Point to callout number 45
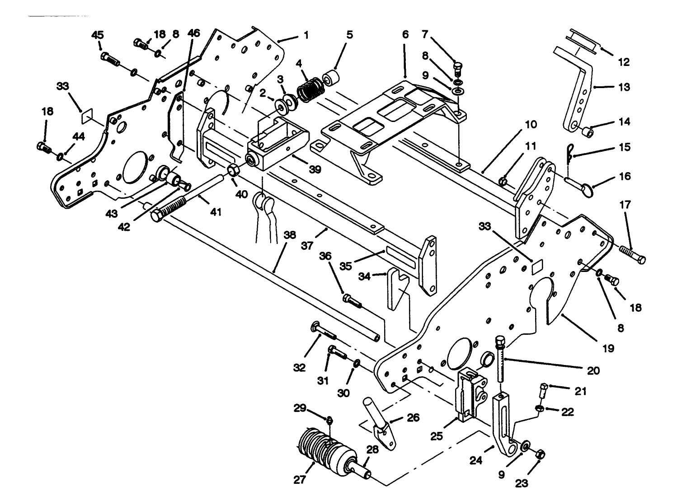[97, 35]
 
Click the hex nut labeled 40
[234, 170]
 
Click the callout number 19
[608, 348]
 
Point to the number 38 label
[290, 235]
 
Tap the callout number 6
[405, 35]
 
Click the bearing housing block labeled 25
[470, 393]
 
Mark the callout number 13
[624, 87]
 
